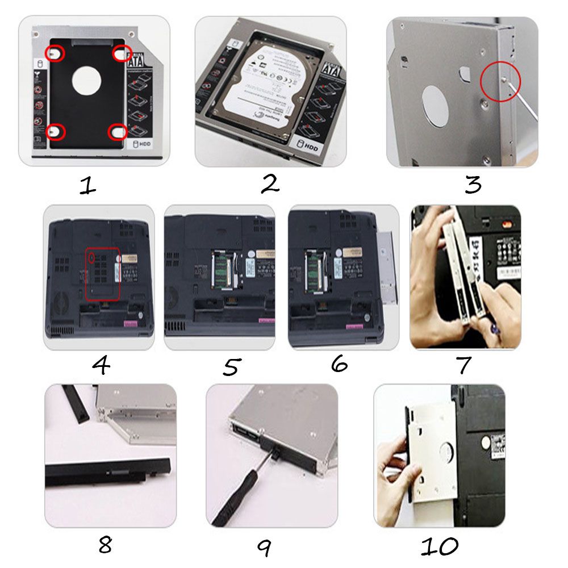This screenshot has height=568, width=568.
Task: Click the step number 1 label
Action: click(x=87, y=186)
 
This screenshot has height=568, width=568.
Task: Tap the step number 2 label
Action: click(x=270, y=184)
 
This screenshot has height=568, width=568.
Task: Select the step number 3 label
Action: click(x=473, y=185)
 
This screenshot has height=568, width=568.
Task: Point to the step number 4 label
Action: click(x=101, y=366)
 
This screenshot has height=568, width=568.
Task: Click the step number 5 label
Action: click(x=230, y=367)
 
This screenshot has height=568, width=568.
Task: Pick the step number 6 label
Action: click(x=339, y=364)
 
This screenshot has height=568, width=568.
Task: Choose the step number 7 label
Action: click(x=464, y=365)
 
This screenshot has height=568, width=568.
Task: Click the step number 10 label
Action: click(x=439, y=547)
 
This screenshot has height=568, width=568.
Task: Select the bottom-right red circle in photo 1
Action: click(x=118, y=132)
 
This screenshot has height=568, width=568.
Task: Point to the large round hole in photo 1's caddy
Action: click(x=86, y=79)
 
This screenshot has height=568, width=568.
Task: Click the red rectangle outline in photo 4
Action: click(x=102, y=273)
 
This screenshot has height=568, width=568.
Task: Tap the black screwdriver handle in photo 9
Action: click(x=236, y=500)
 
